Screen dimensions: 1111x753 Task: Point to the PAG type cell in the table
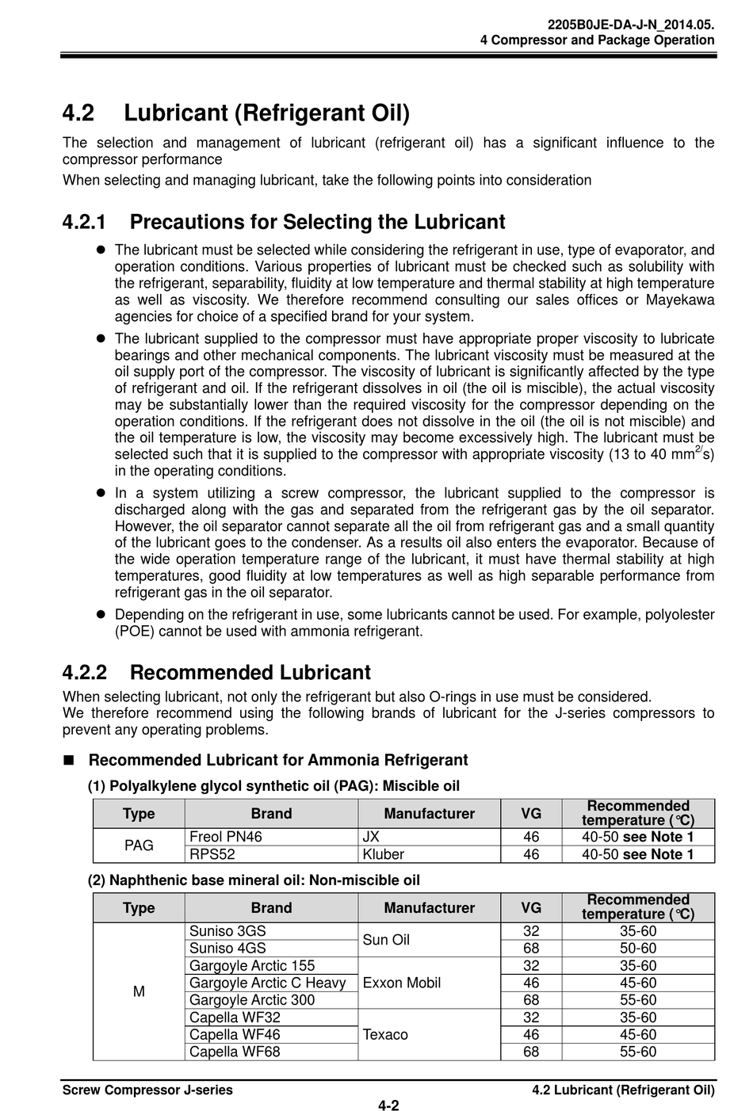coord(139,846)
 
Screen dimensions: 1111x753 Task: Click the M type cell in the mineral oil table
coord(139,991)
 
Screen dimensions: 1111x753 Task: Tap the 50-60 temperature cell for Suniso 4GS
coord(638,949)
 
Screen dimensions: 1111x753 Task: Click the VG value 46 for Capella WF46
coord(531,1035)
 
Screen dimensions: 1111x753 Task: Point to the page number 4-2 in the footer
coord(388,1105)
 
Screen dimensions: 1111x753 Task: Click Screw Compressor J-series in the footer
coord(147,1090)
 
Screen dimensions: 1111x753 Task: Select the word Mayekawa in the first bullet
coord(680,300)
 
